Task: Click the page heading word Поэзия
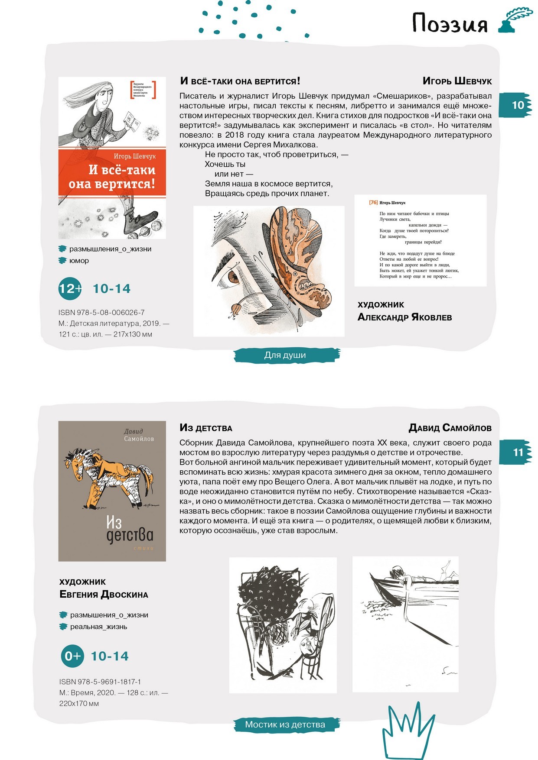(x=450, y=23)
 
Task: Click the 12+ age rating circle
(x=70, y=289)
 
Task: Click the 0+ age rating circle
(x=72, y=656)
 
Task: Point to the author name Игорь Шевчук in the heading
(x=457, y=81)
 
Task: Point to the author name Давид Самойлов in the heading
(x=450, y=428)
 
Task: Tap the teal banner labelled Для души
(x=286, y=355)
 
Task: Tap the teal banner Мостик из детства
(x=285, y=724)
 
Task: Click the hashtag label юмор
(x=79, y=261)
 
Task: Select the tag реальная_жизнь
(x=98, y=627)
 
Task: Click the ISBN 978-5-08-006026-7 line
(x=101, y=312)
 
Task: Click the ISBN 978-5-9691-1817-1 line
(x=100, y=682)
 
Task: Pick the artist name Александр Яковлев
(x=404, y=317)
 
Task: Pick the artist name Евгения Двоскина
(x=104, y=594)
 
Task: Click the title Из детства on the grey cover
(x=129, y=530)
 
